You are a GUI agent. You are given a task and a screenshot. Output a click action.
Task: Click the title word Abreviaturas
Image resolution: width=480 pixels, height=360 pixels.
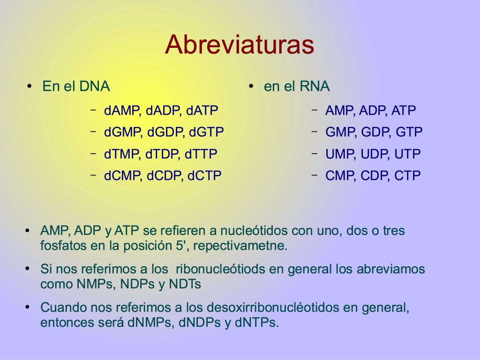point(240,45)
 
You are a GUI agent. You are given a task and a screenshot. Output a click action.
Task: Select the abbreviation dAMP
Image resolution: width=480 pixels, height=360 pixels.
point(122,111)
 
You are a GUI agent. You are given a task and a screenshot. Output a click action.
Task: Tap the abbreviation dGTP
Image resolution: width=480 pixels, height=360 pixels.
point(206,132)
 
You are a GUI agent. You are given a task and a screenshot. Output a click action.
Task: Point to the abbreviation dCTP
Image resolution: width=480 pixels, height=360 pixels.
point(204,176)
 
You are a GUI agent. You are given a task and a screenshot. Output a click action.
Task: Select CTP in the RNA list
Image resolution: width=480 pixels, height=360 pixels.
point(407,176)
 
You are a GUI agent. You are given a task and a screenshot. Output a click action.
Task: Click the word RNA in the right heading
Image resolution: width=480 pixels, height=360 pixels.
point(315,86)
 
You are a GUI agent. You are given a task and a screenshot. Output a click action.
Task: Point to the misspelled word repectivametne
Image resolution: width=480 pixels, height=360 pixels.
point(240,246)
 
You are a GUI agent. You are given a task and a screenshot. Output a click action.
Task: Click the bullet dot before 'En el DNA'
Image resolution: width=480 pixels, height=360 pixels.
point(30,86)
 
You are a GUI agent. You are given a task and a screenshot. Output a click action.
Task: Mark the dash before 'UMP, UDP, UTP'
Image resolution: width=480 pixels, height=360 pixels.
point(315,153)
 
